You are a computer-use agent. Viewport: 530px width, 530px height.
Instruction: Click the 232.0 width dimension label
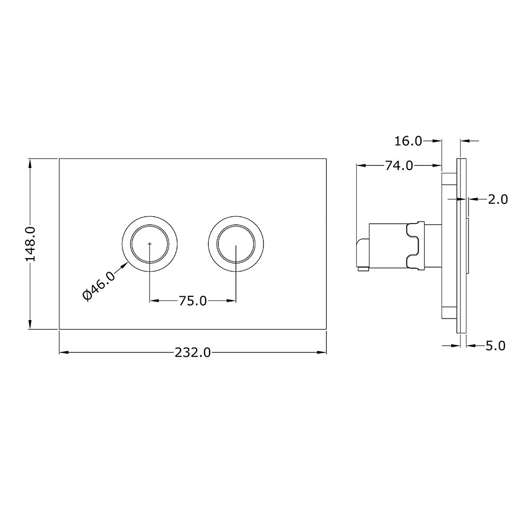pyautogui.click(x=192, y=352)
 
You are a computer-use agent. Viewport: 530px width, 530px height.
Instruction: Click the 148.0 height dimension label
pyautogui.click(x=31, y=243)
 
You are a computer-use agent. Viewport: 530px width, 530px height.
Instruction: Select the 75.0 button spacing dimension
pyautogui.click(x=192, y=301)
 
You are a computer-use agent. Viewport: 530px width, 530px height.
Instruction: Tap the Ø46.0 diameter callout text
pyautogui.click(x=99, y=286)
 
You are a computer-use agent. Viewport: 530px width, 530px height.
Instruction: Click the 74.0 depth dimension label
pyautogui.click(x=399, y=165)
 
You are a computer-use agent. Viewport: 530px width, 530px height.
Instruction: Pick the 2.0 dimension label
pyautogui.click(x=498, y=199)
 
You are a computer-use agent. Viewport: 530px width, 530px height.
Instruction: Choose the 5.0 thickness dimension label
pyautogui.click(x=495, y=346)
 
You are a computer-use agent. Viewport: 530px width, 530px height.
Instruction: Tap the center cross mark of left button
pyautogui.click(x=150, y=244)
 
